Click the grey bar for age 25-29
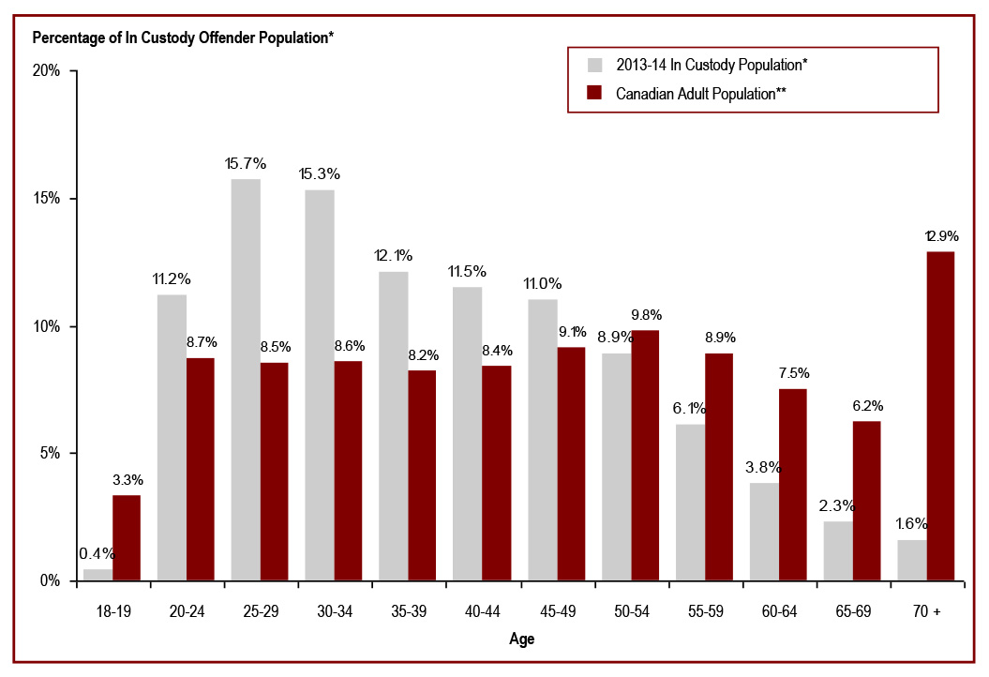click(246, 379)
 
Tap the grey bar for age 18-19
click(97, 574)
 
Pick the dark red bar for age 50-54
click(645, 455)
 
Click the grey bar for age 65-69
click(837, 550)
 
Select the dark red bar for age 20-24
click(200, 469)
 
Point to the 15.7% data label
click(246, 163)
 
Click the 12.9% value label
click(941, 235)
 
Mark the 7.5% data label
click(793, 373)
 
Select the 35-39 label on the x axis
click(408, 610)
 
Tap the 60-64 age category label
click(778, 610)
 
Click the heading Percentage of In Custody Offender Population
click(183, 38)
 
